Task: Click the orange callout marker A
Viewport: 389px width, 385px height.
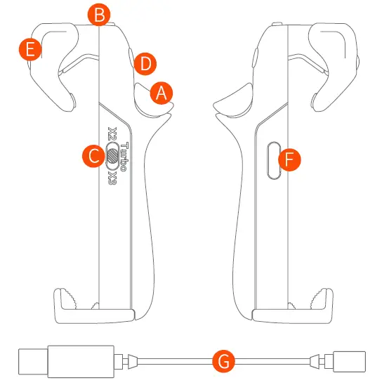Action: (161, 92)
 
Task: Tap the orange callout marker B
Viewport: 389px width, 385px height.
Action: (101, 13)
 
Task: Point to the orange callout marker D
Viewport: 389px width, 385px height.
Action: (145, 63)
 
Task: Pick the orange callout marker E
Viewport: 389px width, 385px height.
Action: (29, 49)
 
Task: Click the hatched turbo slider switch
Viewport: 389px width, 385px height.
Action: (112, 154)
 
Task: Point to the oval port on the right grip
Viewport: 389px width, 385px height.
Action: (275, 161)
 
